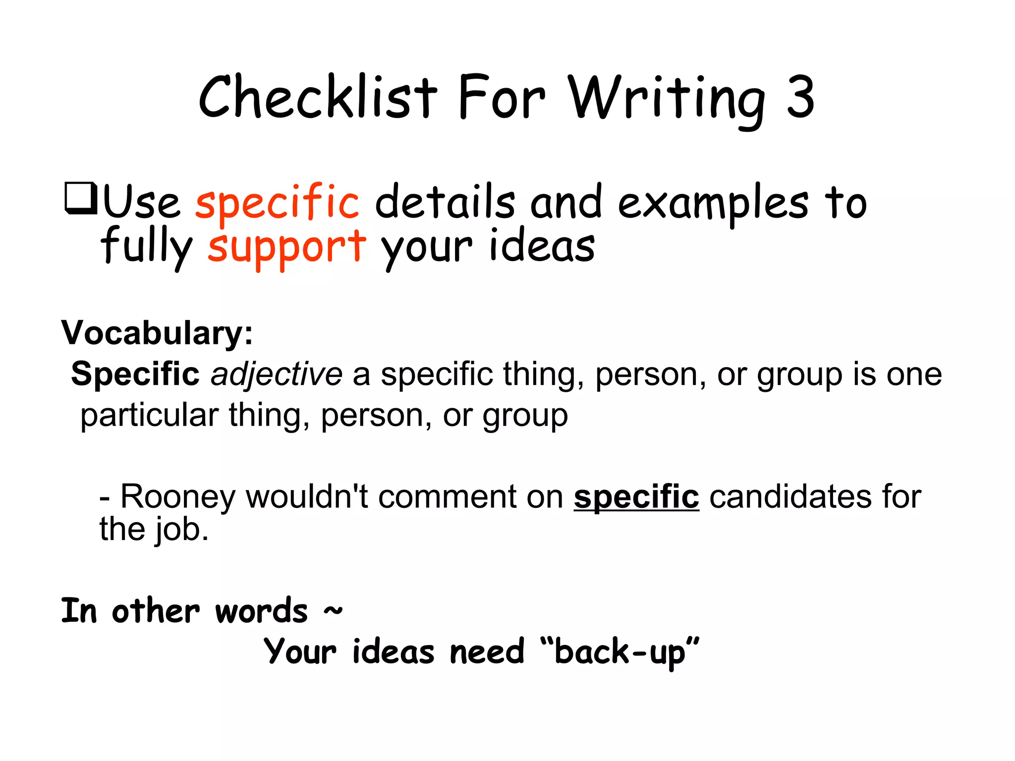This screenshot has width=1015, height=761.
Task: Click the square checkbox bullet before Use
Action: pos(80,199)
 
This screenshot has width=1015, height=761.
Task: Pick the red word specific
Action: pos(277,202)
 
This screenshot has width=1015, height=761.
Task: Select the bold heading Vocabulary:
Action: pos(157,332)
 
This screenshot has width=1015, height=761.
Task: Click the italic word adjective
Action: pos(276,374)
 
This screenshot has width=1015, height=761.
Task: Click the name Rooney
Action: pos(177,496)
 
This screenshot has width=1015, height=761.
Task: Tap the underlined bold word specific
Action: pos(636,496)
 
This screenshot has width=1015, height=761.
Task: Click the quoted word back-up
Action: pos(620,652)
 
